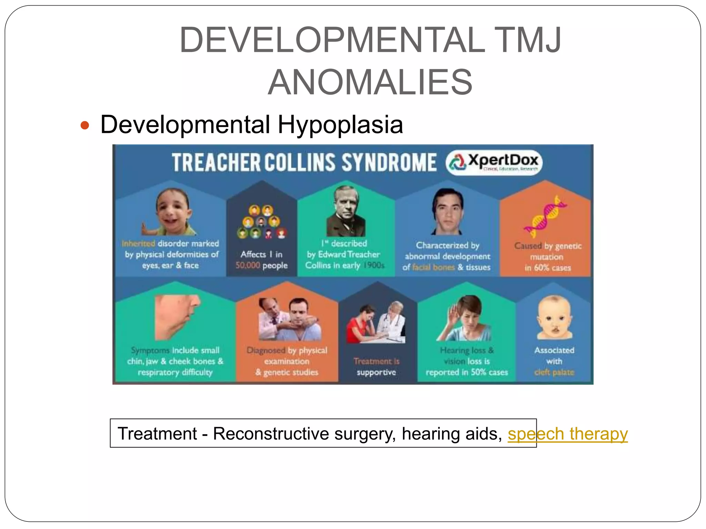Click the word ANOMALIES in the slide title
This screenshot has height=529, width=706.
[x=370, y=82]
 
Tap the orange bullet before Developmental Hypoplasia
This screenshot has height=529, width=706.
[x=85, y=125]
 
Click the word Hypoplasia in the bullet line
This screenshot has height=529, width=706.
[x=340, y=125]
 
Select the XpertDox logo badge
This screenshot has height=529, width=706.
[x=494, y=163]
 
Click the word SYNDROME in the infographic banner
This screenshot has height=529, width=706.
[x=389, y=163]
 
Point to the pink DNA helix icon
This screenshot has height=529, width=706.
[x=545, y=216]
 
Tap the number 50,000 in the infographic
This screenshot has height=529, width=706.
[x=248, y=265]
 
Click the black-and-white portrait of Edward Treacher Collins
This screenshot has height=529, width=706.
[x=346, y=211]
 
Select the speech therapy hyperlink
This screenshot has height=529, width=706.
[x=567, y=434]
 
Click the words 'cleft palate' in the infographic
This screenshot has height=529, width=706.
[x=554, y=372]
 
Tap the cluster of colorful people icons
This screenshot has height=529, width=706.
[x=262, y=222]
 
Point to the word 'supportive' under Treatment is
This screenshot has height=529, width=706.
[x=376, y=372]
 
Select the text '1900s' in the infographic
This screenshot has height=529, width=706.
[x=374, y=265]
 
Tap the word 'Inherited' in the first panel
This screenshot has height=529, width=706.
[x=139, y=243]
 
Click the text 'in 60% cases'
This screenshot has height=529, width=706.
[x=547, y=268]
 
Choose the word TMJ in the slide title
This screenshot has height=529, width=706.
[x=527, y=40]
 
